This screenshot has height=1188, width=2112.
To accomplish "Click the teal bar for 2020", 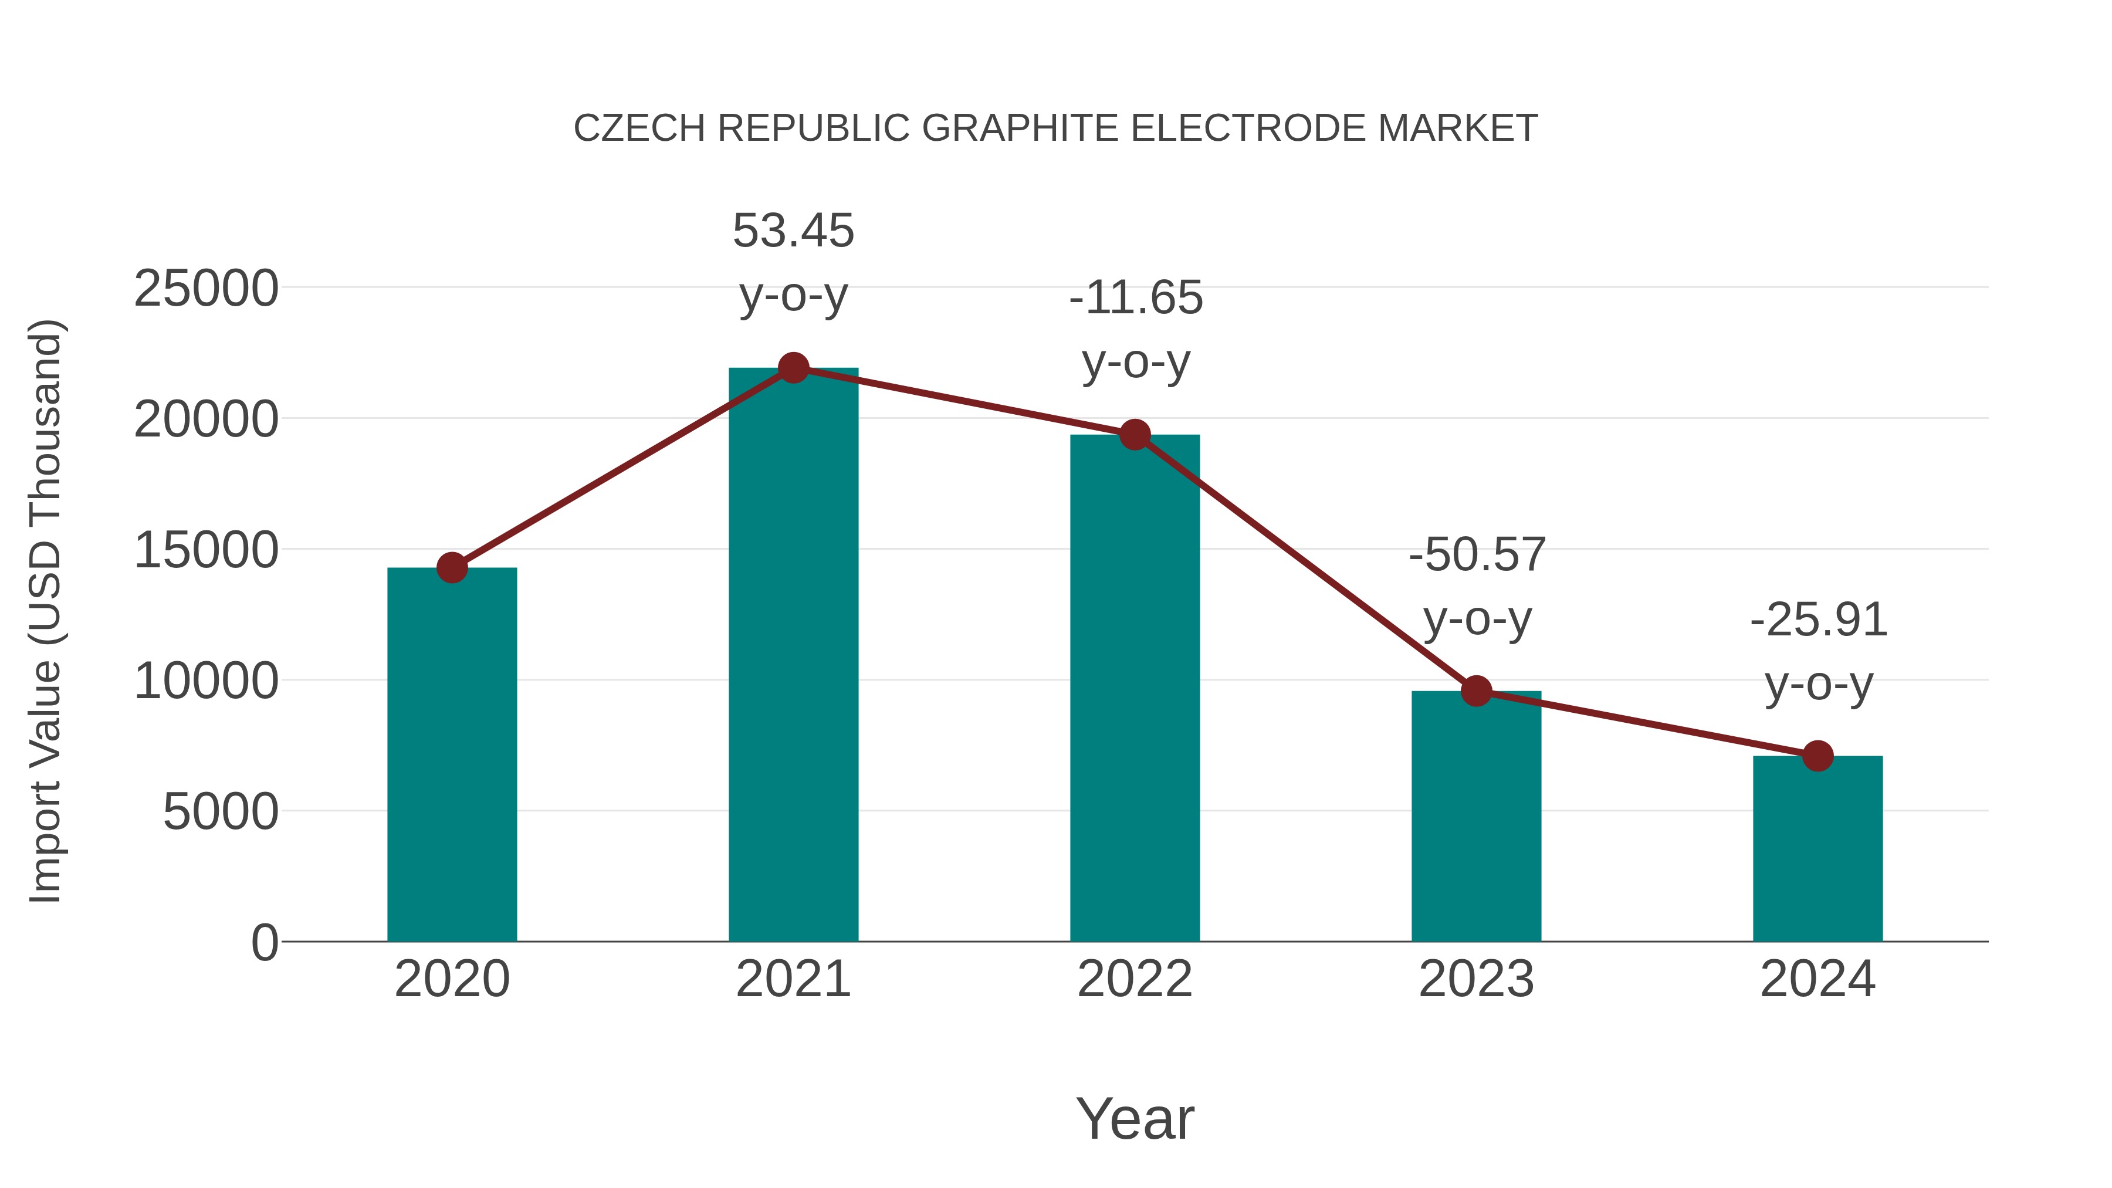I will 452,754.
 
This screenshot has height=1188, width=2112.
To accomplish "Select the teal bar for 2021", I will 793,656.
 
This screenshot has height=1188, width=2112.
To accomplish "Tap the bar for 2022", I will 1135,689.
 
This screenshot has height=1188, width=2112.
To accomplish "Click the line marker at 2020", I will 452,567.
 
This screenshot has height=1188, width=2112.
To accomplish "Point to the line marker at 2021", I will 793,368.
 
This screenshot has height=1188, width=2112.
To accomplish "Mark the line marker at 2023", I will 1476,691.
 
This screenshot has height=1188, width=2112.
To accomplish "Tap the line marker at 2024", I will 1817,756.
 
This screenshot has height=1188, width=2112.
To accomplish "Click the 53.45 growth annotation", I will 793,231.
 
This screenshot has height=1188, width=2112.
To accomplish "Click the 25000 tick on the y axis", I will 206,289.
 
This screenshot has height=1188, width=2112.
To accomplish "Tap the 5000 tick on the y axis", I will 221,812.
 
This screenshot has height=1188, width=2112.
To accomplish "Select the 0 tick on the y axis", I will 264,943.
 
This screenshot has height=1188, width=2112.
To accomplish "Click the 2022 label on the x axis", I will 1135,979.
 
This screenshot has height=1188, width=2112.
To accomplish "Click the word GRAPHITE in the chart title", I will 1020,128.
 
